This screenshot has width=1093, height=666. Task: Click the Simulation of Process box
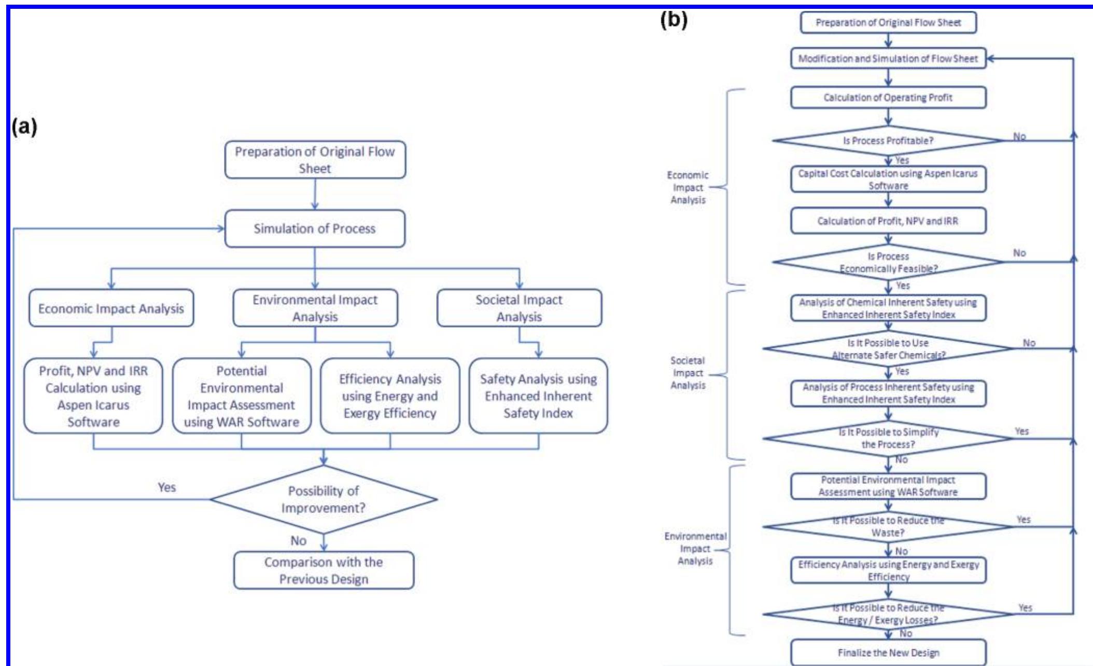tap(314, 228)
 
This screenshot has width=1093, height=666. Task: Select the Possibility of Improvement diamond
tap(324, 499)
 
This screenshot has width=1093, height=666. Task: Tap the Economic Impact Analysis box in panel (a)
tap(111, 308)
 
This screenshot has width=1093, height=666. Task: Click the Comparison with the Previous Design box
tap(324, 570)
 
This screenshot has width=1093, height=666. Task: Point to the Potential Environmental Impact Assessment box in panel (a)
tap(242, 396)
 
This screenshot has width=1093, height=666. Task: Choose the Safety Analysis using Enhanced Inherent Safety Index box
tap(538, 396)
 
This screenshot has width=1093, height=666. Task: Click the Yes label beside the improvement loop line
tap(166, 487)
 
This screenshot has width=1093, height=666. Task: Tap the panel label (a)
tap(24, 126)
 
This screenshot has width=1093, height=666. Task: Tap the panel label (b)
tap(674, 20)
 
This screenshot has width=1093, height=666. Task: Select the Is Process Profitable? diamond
tap(888, 141)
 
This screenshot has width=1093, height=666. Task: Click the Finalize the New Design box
tap(888, 653)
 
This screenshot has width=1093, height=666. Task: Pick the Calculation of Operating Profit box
tap(888, 98)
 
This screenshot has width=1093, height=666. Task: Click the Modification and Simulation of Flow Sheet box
tap(888, 59)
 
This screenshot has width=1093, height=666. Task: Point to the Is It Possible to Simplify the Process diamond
tap(888, 438)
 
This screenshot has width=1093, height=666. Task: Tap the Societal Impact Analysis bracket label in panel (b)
tap(688, 373)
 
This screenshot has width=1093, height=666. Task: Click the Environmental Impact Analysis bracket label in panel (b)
tap(695, 548)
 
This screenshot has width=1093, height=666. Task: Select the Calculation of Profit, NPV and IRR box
tap(888, 221)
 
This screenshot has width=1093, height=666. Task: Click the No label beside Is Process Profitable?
tap(1019, 137)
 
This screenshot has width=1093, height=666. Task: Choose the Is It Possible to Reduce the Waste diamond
tap(888, 526)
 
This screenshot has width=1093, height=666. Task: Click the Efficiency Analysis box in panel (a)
tap(390, 396)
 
